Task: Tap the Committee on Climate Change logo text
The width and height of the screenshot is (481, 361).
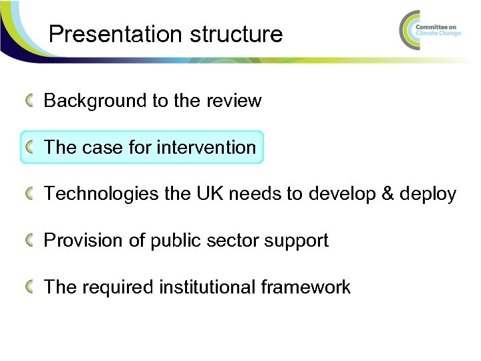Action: (438, 29)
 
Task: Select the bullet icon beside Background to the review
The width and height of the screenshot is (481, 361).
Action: (31, 101)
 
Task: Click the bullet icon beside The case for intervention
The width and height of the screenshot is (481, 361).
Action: (31, 147)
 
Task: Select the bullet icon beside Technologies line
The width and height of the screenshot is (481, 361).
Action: (31, 194)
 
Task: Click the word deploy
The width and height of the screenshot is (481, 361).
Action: (428, 195)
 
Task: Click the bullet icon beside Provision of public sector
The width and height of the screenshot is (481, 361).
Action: (31, 241)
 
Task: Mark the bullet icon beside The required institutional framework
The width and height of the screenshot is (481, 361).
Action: (31, 287)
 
